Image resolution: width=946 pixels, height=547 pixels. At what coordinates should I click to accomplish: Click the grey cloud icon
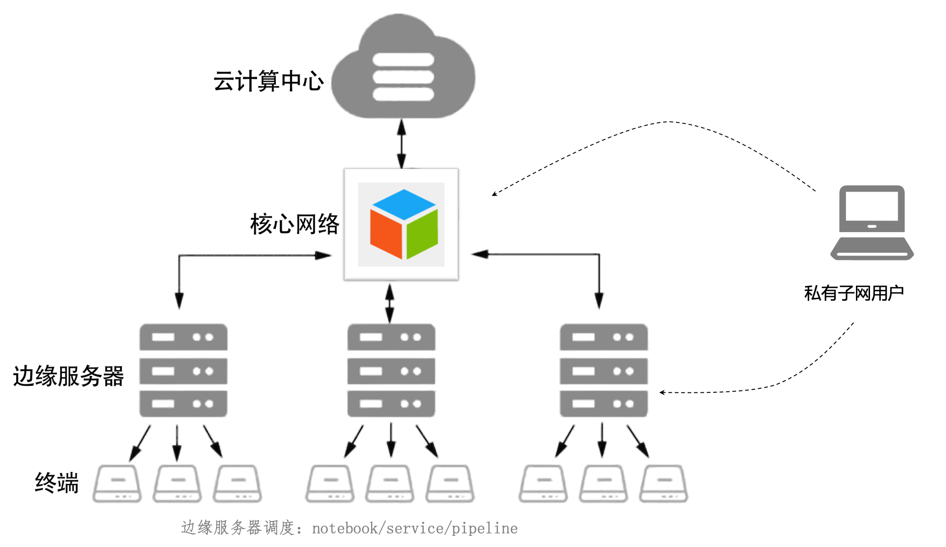[403, 70]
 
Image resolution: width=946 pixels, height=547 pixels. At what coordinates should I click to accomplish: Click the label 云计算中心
[268, 81]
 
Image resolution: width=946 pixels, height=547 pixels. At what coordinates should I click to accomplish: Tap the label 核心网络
[295, 224]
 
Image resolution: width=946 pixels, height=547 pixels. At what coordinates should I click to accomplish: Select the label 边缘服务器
[69, 376]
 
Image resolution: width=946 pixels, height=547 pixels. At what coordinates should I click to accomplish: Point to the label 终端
[57, 482]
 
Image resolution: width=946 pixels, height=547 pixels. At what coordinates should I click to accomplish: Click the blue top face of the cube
[404, 204]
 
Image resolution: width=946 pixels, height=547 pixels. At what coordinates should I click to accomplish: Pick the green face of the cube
[422, 234]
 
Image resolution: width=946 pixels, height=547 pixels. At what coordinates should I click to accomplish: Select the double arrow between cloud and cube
[401, 143]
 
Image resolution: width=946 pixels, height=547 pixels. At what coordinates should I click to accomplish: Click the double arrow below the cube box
[390, 303]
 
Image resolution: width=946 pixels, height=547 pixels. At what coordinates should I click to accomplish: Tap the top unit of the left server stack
[183, 337]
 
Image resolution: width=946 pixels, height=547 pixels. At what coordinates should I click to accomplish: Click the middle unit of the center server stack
[391, 371]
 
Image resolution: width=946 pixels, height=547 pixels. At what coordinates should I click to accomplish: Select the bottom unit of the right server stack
[603, 403]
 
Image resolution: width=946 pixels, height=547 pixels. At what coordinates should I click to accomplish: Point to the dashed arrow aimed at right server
[683, 392]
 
